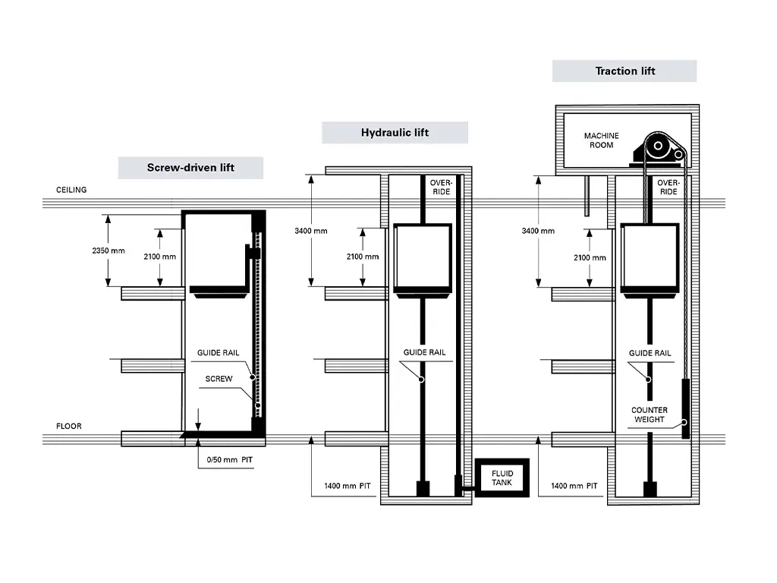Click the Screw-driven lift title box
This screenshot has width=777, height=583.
tap(190, 168)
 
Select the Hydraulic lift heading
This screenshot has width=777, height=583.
tap(395, 133)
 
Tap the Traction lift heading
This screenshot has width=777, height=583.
tap(624, 71)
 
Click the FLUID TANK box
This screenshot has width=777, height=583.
tap(502, 478)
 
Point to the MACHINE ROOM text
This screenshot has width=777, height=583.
tap(601, 140)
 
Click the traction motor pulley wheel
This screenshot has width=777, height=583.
tap(658, 148)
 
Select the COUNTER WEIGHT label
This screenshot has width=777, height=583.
tap(650, 414)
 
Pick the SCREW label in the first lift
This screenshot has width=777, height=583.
tap(219, 379)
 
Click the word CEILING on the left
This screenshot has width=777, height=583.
tap(71, 190)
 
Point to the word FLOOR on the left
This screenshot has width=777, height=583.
tap(68, 426)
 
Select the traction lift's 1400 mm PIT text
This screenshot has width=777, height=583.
tap(574, 485)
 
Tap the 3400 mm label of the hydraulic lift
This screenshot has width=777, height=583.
tap(311, 231)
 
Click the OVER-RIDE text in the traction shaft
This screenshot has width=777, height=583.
tap(668, 188)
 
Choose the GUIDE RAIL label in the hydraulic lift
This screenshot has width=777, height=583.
tap(424, 353)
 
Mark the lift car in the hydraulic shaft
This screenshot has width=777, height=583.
tap(423, 257)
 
